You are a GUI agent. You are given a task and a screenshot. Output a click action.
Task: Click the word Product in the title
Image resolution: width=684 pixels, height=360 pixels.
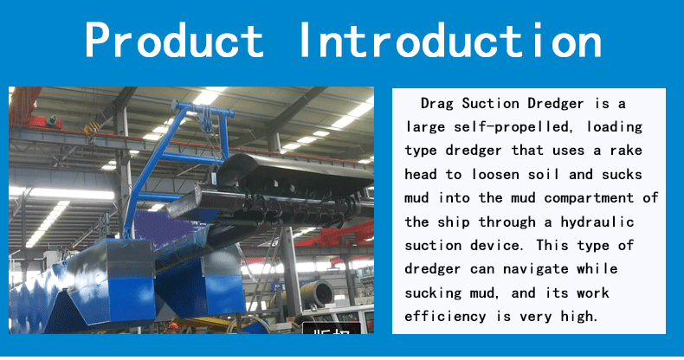[174, 40]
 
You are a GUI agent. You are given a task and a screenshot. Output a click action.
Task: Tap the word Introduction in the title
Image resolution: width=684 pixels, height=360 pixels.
[451, 40]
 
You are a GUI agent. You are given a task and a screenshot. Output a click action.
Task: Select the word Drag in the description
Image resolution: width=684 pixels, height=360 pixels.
[436, 104]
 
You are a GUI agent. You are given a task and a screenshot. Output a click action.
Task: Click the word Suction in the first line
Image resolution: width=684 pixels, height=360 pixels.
[490, 104]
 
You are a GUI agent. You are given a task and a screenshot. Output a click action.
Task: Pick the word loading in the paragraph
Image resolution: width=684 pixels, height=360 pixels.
[614, 127]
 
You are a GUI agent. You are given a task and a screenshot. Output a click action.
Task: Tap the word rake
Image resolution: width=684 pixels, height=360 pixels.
[626, 151]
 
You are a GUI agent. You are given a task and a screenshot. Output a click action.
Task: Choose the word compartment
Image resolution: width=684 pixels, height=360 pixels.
[589, 198]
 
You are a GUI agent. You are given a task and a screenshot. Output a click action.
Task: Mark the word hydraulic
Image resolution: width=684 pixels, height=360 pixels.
[597, 222]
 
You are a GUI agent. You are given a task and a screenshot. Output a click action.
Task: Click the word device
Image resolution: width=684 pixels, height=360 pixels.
[495, 245]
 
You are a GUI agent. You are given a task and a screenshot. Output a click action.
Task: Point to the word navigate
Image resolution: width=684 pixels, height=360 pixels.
[536, 269]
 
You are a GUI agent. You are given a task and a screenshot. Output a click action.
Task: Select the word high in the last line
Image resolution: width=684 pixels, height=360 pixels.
[578, 316]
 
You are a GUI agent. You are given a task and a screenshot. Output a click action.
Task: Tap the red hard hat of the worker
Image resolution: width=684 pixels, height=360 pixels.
[174, 326]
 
